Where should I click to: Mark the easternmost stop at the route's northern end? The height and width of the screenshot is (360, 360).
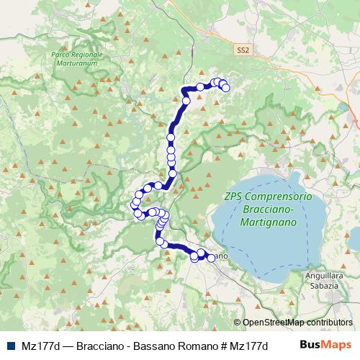(225, 88)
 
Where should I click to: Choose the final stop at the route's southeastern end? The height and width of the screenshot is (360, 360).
(210, 258)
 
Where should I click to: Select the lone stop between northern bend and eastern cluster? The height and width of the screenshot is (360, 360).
(201, 87)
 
